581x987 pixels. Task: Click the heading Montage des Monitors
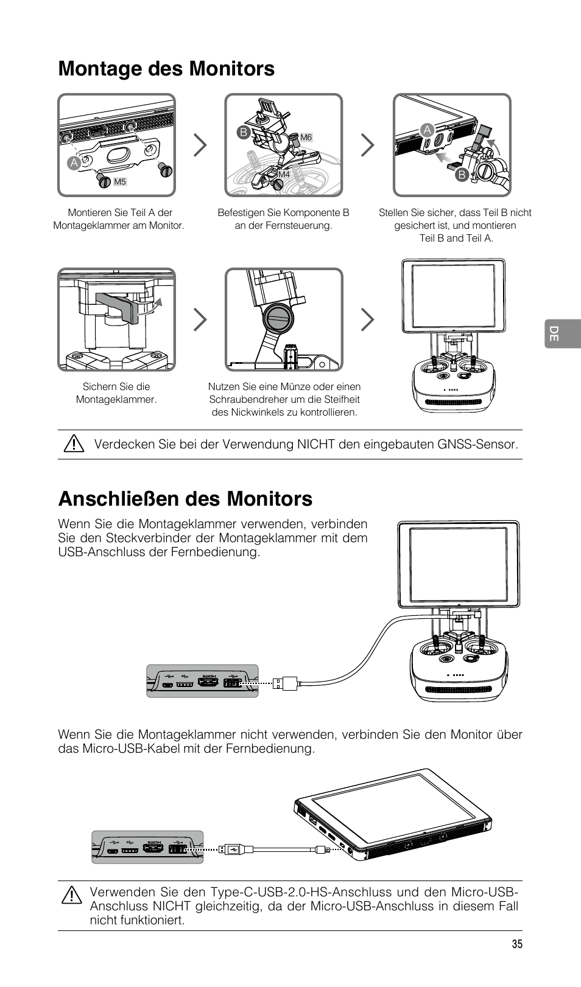(x=166, y=69)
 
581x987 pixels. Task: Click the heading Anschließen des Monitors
(x=185, y=498)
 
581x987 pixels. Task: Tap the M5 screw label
(x=120, y=182)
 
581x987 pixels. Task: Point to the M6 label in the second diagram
(x=306, y=138)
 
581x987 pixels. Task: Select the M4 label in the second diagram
(x=284, y=175)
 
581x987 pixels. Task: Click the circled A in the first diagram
(x=74, y=162)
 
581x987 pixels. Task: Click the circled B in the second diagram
(x=244, y=132)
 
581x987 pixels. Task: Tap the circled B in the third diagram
(x=461, y=176)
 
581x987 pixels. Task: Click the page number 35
(x=516, y=944)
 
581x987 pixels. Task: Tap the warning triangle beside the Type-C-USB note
(x=71, y=896)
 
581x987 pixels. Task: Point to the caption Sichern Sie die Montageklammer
(x=116, y=393)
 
